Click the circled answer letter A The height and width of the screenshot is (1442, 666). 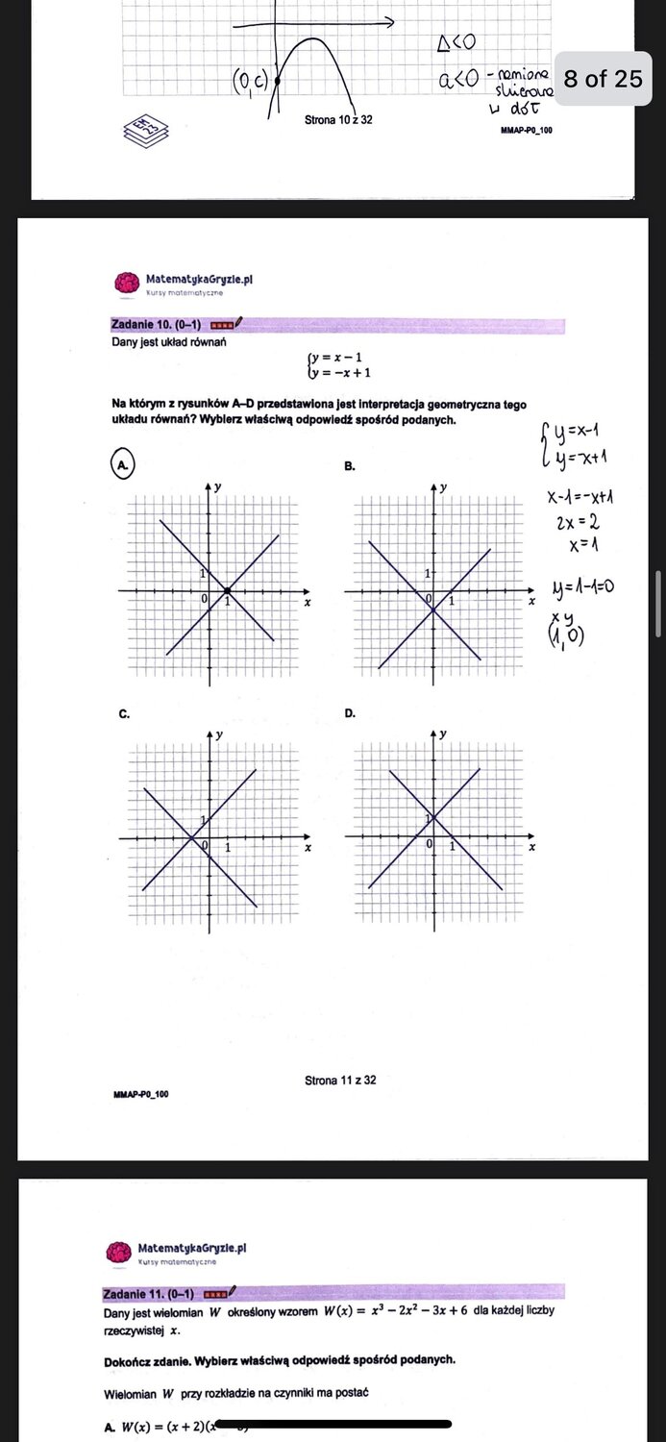tap(122, 464)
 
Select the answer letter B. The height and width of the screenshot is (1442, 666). tap(350, 466)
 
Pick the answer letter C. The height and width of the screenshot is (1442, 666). tap(124, 713)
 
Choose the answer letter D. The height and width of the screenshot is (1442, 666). tap(350, 713)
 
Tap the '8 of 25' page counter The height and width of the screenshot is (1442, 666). tap(603, 79)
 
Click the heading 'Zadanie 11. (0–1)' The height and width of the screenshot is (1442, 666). tap(148, 1293)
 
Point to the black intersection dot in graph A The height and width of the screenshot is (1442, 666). tap(226, 590)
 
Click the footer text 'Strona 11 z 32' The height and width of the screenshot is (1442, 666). tap(340, 1081)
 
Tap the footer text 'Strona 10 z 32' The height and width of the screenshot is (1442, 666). tap(338, 120)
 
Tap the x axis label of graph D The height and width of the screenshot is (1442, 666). tap(530, 848)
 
